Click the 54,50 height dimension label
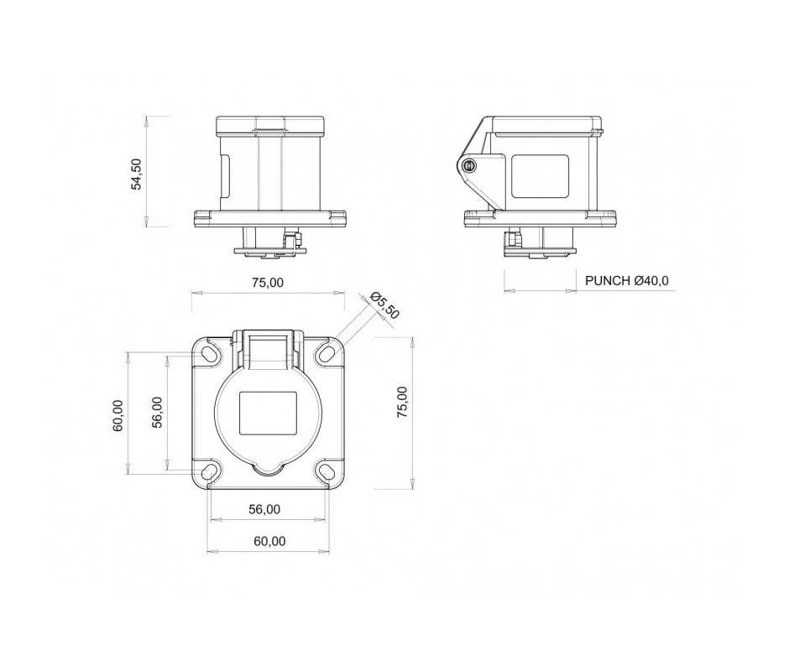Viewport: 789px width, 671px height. point(136,174)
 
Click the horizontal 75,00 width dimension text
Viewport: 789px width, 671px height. point(268,283)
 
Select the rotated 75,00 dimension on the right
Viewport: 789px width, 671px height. point(402,403)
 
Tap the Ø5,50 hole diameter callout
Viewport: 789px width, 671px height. point(384,305)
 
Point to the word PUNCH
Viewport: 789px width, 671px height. point(608,281)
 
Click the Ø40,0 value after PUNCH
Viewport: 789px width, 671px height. point(651,281)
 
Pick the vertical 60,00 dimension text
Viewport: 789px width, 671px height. point(118,415)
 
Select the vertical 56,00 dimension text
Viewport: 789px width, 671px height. point(158,413)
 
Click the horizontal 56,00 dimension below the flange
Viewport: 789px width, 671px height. point(264,509)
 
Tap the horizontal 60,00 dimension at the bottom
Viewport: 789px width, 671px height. point(269,541)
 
